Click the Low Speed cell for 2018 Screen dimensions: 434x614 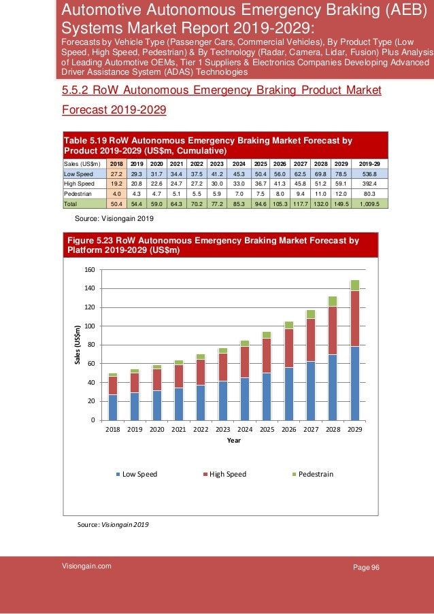click(x=116, y=174)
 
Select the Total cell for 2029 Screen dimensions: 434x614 click(x=341, y=203)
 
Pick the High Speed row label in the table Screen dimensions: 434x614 click(x=79, y=184)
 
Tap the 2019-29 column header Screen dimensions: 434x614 click(x=369, y=164)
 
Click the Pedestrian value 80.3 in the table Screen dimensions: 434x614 click(x=369, y=194)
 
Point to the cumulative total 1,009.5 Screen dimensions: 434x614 click(x=369, y=203)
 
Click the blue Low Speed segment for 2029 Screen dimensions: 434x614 click(x=355, y=383)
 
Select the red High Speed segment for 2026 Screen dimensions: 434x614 click(x=288, y=348)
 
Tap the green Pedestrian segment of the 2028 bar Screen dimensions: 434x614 click(x=333, y=301)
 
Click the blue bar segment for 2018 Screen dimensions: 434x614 click(x=113, y=407)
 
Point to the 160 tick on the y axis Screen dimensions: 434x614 click(x=90, y=270)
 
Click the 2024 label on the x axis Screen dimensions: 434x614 click(x=245, y=430)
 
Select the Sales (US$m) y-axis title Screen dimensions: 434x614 click(x=78, y=345)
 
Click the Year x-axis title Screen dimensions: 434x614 click(x=234, y=441)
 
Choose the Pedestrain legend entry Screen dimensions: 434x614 click(x=312, y=474)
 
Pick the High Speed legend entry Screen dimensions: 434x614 click(x=224, y=474)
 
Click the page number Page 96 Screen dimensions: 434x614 click(x=366, y=567)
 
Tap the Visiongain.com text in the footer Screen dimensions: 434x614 click(x=86, y=566)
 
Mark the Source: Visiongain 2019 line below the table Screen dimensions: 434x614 click(x=114, y=218)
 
